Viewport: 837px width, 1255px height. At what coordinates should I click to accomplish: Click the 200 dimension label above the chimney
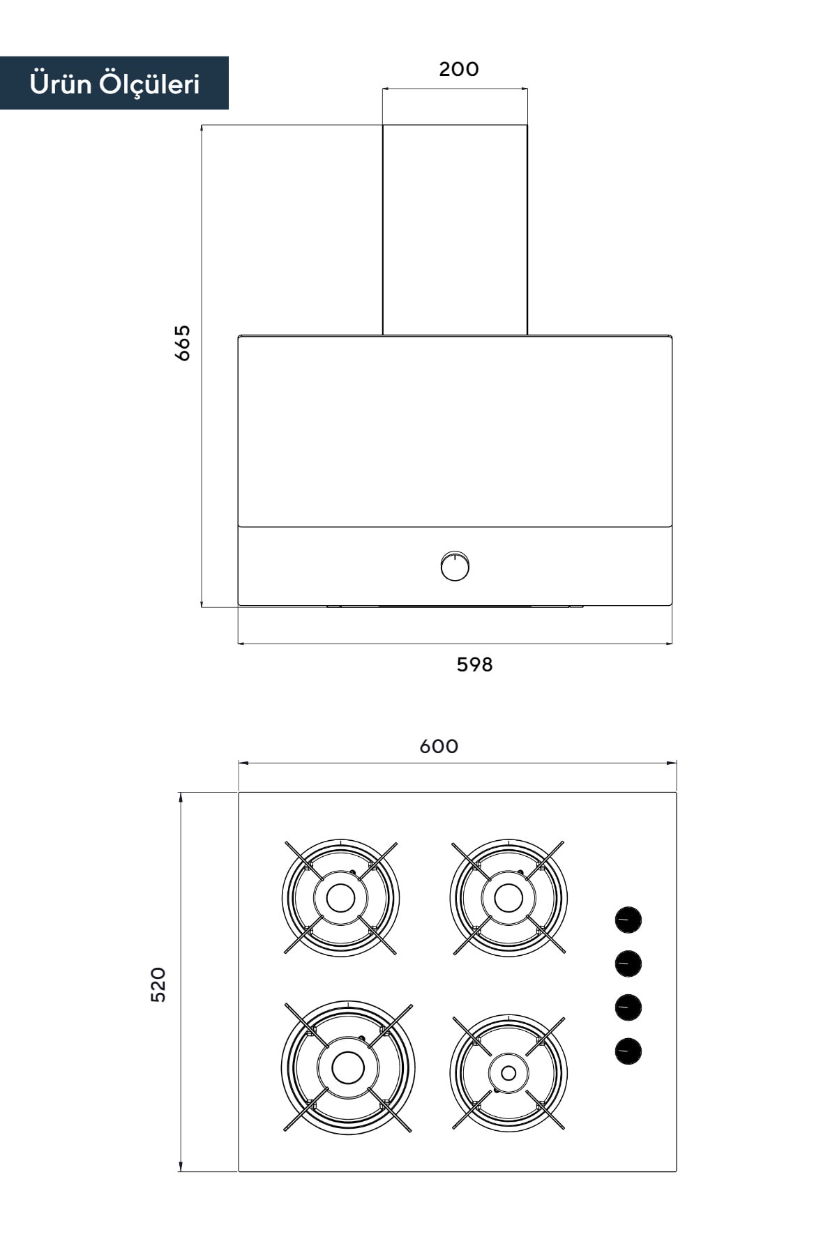coord(459,69)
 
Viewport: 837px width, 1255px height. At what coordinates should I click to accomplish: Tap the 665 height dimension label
coord(182,342)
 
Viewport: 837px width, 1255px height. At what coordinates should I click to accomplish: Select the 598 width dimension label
coord(475,665)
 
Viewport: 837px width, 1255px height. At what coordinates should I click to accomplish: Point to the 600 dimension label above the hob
coord(439,747)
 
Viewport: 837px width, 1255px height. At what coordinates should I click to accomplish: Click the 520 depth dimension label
coord(159,984)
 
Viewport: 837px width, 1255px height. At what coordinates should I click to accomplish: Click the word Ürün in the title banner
coord(61,84)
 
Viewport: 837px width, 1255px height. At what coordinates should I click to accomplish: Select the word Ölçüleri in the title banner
coord(149,84)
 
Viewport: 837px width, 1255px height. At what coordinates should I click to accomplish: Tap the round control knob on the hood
coord(455,566)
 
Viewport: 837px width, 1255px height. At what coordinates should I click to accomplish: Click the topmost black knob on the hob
coord(628,920)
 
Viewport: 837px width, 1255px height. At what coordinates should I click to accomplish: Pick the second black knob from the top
coord(628,964)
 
